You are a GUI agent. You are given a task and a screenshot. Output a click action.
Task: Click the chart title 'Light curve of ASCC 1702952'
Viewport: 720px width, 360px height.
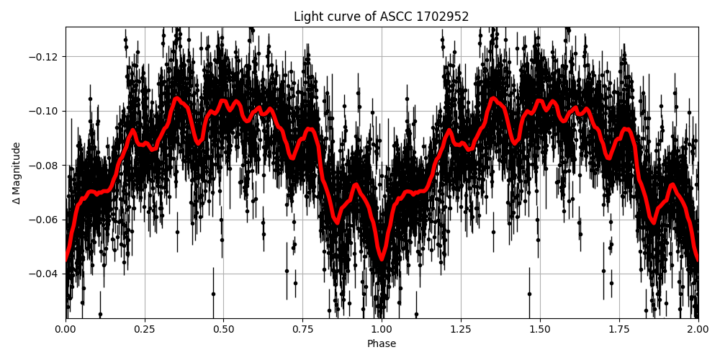[381, 17]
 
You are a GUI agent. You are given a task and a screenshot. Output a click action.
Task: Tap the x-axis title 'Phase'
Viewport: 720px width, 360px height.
[382, 344]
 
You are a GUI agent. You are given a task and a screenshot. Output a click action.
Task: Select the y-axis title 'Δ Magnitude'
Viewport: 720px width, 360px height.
[16, 173]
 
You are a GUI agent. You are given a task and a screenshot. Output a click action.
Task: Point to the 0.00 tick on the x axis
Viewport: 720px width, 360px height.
[66, 330]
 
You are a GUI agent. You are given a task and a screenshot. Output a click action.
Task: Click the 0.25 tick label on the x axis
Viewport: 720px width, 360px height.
[145, 330]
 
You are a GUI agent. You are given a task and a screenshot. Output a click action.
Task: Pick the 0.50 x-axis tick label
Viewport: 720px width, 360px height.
[223, 330]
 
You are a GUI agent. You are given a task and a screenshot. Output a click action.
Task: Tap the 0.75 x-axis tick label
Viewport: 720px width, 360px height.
[302, 330]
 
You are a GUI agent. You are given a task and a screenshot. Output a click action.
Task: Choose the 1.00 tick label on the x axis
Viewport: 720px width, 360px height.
[382, 330]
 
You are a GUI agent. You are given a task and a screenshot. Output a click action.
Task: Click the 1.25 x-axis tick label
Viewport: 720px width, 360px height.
[461, 330]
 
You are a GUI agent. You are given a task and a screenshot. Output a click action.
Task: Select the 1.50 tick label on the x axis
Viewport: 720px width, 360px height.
[540, 330]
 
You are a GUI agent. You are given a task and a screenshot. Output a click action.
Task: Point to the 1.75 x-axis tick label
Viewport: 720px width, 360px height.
[618, 330]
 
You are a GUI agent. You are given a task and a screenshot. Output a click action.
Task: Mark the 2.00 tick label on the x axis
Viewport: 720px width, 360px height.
[697, 330]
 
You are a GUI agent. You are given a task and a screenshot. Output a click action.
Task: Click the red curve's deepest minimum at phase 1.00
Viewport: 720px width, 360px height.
[382, 258]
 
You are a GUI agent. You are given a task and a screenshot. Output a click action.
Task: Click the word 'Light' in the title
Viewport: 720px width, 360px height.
[307, 17]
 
